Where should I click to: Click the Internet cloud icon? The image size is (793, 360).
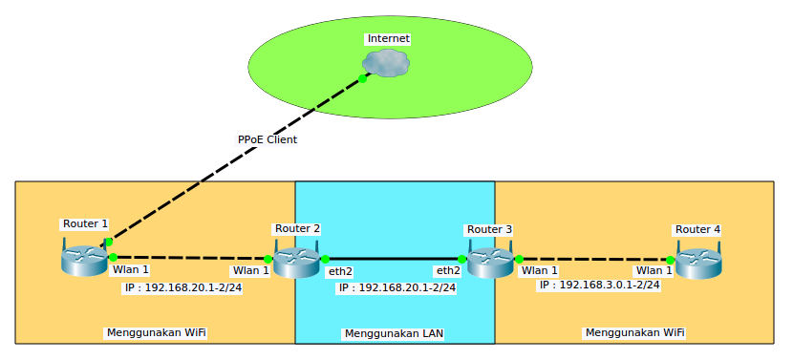[x=386, y=63]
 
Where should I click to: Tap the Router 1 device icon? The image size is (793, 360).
[x=84, y=259]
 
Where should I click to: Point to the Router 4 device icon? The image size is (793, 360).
[x=697, y=262]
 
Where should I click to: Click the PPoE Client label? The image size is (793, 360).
[x=268, y=139]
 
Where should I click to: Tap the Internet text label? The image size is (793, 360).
[x=389, y=38]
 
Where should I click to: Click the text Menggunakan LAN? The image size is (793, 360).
[x=393, y=334]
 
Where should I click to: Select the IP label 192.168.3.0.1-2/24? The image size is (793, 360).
[x=599, y=285]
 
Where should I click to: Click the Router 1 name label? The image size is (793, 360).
[x=85, y=223]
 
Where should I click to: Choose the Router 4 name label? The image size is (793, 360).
[x=697, y=229]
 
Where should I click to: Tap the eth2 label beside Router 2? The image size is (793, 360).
[x=340, y=272]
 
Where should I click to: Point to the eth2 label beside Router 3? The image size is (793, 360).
[x=448, y=271]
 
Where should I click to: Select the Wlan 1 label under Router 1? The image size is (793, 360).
[x=131, y=270]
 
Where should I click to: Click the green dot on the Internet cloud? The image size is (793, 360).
[x=363, y=78]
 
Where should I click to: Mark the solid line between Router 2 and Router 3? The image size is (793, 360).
[x=394, y=259]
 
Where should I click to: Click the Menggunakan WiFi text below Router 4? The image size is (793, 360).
[x=633, y=332]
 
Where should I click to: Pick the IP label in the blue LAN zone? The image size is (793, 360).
[x=396, y=287]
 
